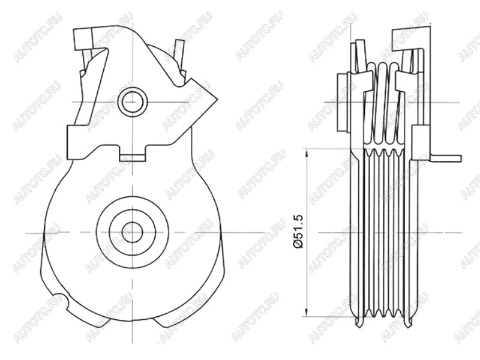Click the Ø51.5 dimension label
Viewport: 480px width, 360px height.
[x=298, y=232]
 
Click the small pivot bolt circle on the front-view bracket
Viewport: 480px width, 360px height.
[x=133, y=101]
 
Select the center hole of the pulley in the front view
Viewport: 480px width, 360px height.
[x=133, y=232]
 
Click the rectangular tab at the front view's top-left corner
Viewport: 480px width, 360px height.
[x=83, y=38]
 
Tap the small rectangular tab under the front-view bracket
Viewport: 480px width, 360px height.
[x=132, y=158]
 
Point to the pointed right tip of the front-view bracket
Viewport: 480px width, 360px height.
[x=217, y=100]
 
